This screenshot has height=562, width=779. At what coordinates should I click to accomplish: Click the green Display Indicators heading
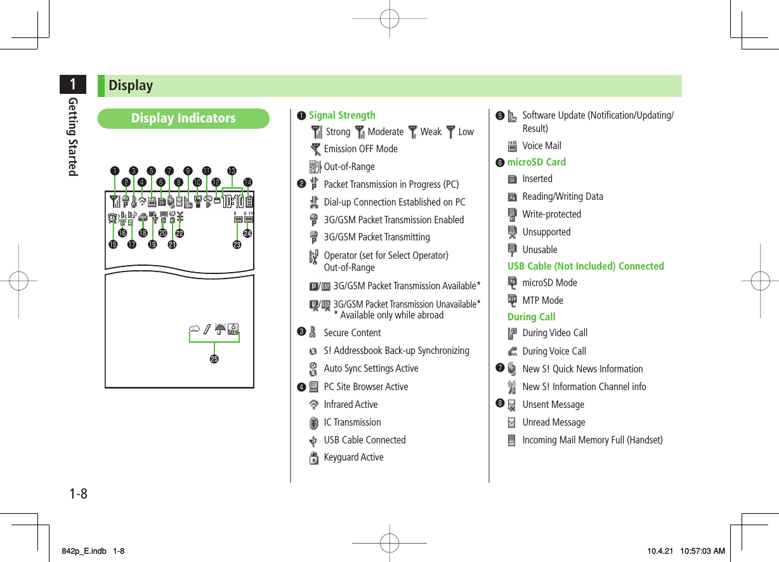183,119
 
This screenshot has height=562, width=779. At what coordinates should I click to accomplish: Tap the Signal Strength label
342,115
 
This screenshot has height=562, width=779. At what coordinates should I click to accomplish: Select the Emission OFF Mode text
360,149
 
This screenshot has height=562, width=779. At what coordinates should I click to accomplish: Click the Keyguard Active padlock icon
313,458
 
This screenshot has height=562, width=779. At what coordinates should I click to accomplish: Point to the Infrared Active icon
313,405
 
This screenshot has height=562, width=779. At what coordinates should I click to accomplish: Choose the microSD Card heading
536,162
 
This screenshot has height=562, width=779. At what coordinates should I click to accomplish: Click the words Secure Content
352,333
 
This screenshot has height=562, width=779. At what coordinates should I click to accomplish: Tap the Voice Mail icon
512,146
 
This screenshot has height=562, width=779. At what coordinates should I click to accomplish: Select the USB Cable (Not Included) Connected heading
586,266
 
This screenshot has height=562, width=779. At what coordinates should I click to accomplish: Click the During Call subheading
531,317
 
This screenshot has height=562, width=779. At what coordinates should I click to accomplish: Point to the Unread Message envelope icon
512,422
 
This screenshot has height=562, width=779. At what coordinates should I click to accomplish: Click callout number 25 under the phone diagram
214,359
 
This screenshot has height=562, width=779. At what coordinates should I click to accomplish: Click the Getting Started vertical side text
74,136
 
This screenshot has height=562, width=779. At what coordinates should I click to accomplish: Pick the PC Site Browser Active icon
313,387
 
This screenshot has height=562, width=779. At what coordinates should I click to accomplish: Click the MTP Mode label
542,301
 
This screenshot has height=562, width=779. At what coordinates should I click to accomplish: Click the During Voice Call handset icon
512,351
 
